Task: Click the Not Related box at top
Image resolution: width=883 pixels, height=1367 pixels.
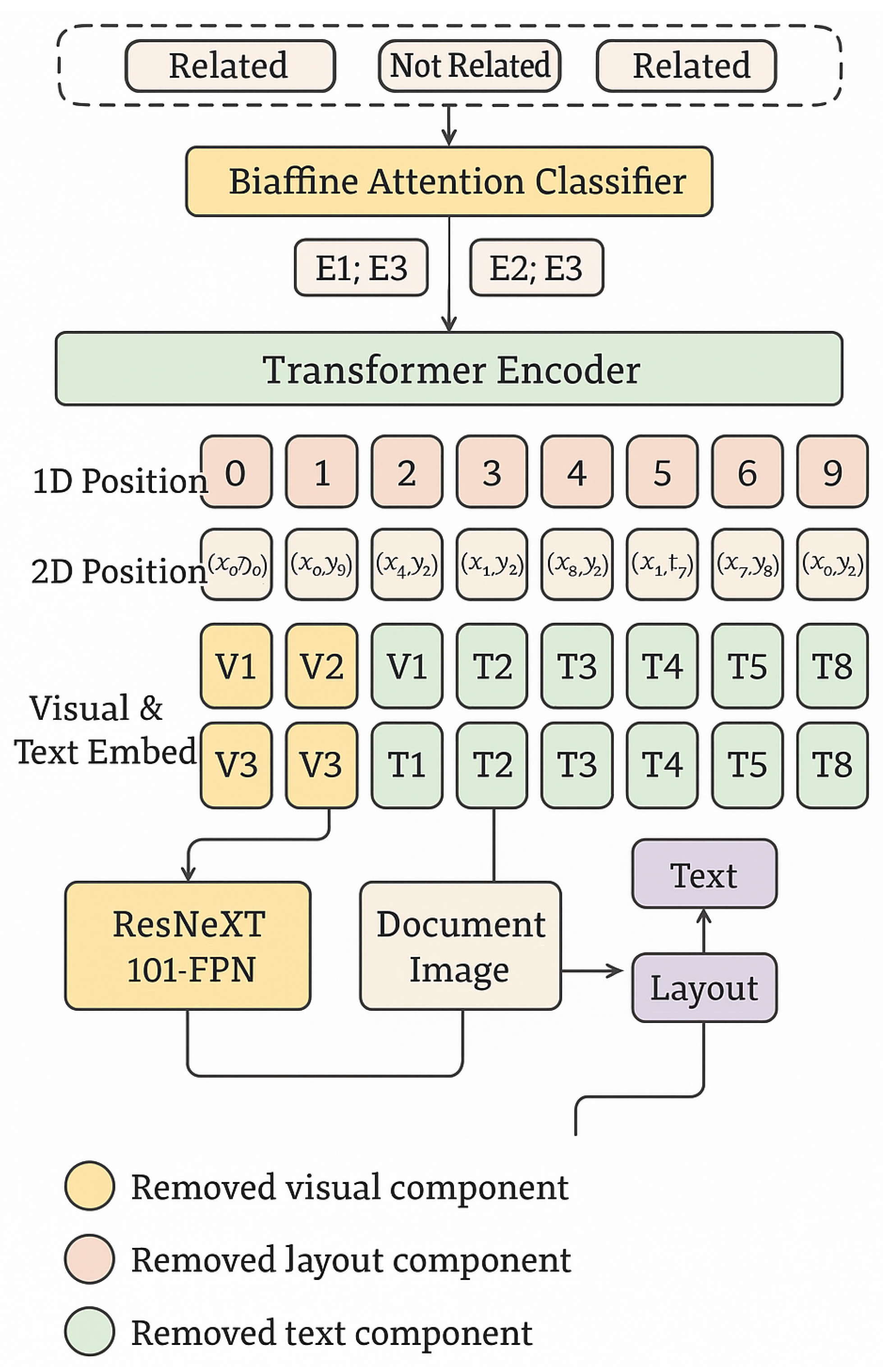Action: click(469, 65)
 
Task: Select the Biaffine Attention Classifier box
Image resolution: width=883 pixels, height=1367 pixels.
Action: click(449, 181)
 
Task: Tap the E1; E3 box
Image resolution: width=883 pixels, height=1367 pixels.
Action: click(361, 267)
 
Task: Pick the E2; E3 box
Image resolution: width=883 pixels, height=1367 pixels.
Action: click(536, 267)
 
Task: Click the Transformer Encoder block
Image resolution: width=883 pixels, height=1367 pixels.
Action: click(449, 368)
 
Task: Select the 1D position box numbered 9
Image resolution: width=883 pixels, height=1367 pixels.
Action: click(832, 472)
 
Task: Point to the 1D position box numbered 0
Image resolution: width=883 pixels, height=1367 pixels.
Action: click(236, 472)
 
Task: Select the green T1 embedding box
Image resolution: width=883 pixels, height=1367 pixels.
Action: click(407, 764)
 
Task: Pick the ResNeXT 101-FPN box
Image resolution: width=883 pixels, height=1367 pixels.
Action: click(188, 945)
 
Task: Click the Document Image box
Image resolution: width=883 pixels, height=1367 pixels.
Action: click(460, 945)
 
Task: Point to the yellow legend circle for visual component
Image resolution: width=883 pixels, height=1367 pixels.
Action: click(89, 1186)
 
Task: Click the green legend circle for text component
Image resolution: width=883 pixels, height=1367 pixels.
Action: click(89, 1331)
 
